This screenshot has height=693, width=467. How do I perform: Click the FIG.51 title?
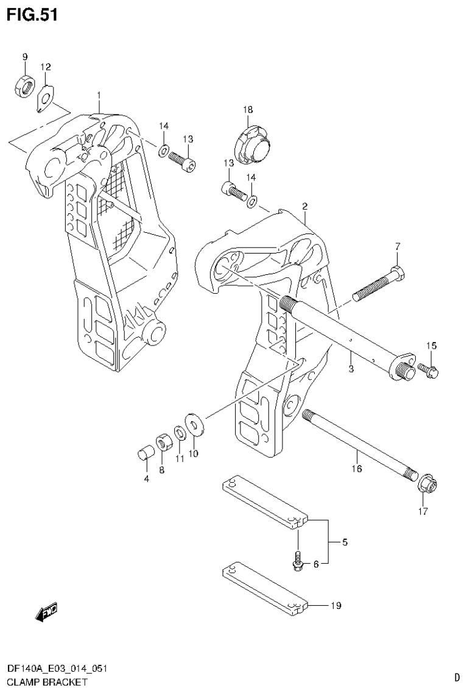point(32,15)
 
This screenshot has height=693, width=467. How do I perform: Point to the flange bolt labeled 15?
point(427,369)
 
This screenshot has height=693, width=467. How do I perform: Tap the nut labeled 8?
point(163,441)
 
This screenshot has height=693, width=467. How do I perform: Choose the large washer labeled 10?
point(195,424)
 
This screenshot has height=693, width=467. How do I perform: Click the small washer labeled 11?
point(180,433)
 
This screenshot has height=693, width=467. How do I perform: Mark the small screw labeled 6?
point(298,561)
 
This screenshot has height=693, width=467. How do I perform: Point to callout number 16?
point(357,469)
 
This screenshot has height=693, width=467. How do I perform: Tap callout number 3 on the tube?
point(351,369)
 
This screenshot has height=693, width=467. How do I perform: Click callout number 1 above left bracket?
point(99,95)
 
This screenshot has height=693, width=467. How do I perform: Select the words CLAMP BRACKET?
point(47,681)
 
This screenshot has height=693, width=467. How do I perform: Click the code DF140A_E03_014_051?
point(57,669)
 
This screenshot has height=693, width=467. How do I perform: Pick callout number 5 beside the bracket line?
point(345,542)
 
